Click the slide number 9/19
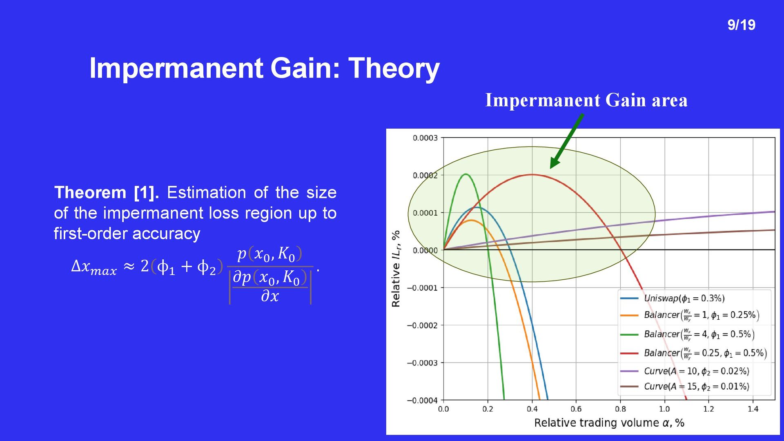[741, 25]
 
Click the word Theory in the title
[394, 68]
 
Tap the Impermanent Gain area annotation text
[586, 100]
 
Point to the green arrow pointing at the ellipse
[567, 141]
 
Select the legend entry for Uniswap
[673, 298]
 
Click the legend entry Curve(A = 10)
[685, 371]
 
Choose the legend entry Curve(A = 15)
[685, 386]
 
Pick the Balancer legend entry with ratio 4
[687, 334]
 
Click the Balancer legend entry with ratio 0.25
[693, 353]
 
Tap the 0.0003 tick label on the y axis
[425, 138]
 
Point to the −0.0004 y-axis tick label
[422, 400]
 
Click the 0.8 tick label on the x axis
[620, 409]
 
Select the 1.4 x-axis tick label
[753, 409]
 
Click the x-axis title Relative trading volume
[609, 423]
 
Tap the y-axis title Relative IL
[396, 269]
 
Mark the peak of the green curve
[466, 174]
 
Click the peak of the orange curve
[471, 220]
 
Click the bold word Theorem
[90, 193]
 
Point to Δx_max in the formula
[94, 267]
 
